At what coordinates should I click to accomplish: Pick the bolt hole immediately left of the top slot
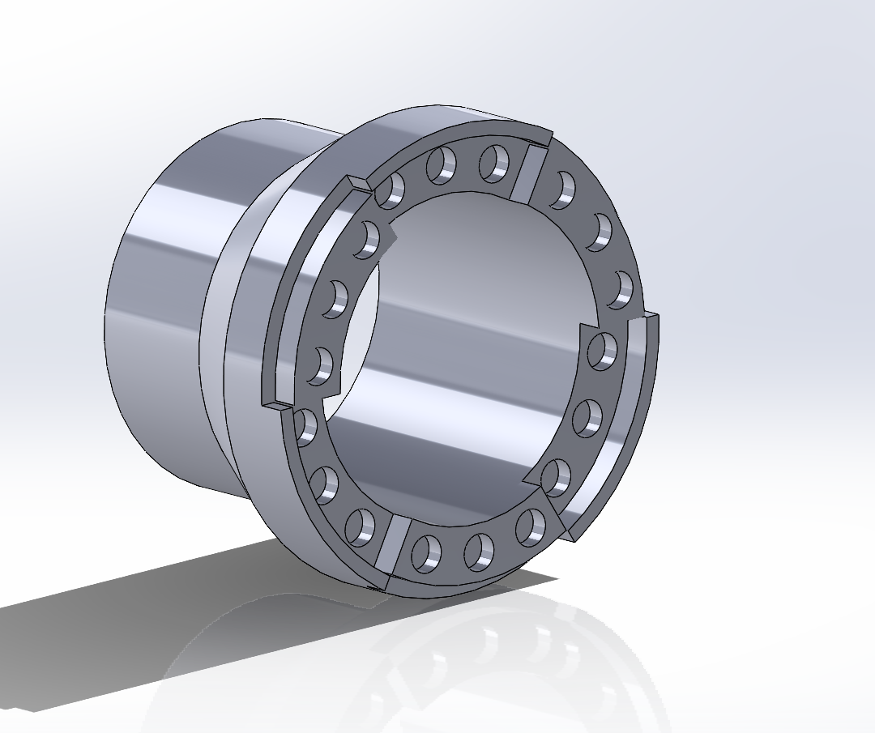[493, 163]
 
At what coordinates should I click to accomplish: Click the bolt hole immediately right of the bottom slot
[426, 552]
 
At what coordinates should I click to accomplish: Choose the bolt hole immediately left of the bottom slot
[360, 527]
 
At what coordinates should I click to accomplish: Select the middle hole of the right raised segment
[588, 417]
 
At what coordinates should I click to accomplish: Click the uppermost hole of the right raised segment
[603, 350]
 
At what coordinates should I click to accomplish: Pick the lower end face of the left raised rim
[275, 403]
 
